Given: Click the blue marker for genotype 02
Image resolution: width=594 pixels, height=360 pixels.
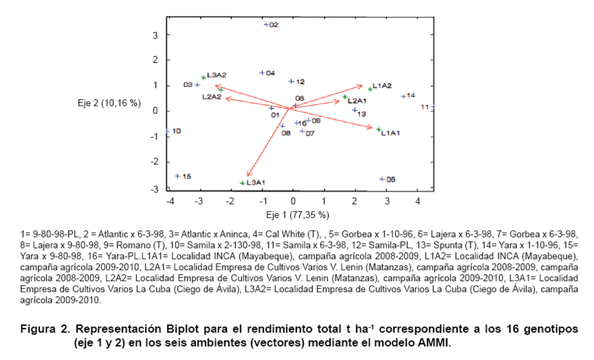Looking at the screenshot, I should [266, 24].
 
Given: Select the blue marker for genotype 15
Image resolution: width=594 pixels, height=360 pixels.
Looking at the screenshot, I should [178, 176].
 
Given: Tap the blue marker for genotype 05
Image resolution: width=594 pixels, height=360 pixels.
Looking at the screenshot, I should [382, 179].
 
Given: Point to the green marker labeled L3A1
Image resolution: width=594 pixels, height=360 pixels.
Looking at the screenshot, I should [242, 183].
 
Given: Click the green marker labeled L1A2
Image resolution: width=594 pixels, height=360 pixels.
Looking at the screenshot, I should [370, 89].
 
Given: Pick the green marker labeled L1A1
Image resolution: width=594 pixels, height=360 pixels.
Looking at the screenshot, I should [379, 130].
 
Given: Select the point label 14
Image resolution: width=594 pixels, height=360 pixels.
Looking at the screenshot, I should [411, 95].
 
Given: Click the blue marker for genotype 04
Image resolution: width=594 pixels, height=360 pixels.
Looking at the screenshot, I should [262, 73].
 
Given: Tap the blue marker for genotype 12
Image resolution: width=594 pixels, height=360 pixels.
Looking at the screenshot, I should [292, 81].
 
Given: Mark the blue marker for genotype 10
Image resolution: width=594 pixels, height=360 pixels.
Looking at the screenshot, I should [168, 131].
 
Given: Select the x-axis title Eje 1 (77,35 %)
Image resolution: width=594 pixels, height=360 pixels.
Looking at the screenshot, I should [298, 215].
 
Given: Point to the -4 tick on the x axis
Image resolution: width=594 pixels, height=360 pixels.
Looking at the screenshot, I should [170, 201].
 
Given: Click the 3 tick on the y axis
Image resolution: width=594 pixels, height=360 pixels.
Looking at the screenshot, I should [155, 35].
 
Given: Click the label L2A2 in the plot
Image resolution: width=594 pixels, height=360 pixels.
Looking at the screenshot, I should [212, 97].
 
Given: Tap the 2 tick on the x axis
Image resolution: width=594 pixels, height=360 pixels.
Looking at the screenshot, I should [355, 201].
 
